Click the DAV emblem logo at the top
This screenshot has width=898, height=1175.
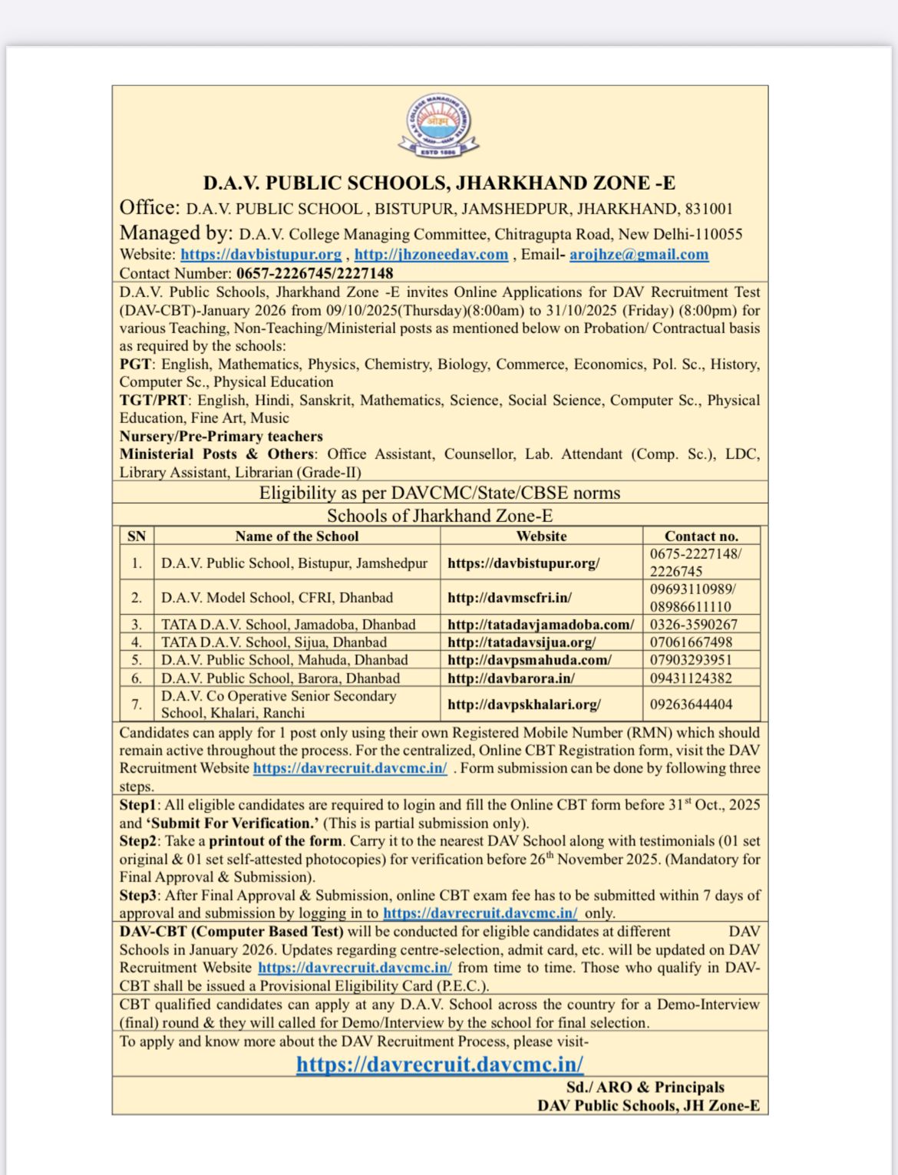[438, 126]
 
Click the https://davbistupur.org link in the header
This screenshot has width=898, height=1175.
[261, 255]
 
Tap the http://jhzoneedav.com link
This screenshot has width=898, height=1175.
[431, 255]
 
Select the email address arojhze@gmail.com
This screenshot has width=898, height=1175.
[639, 255]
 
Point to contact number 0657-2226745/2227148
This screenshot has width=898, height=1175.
[315, 273]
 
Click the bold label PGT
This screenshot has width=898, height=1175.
[136, 364]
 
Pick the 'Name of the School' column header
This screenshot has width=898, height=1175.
[296, 536]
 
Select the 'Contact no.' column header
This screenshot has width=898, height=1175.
[701, 536]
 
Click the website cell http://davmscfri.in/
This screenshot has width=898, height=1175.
[510, 598]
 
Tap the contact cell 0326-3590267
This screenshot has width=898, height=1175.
[693, 625]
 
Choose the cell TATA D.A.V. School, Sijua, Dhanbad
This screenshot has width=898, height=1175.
[273, 642]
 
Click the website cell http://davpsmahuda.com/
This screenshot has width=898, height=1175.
[529, 660]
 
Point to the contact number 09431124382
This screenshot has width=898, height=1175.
[691, 678]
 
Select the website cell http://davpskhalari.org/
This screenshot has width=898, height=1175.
[523, 705]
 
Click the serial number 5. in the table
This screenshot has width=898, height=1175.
[137, 660]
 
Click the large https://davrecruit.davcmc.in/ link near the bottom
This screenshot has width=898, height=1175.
[440, 1064]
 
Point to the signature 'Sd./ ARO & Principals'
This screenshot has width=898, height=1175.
[645, 1088]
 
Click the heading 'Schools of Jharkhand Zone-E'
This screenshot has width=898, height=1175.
[440, 516]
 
